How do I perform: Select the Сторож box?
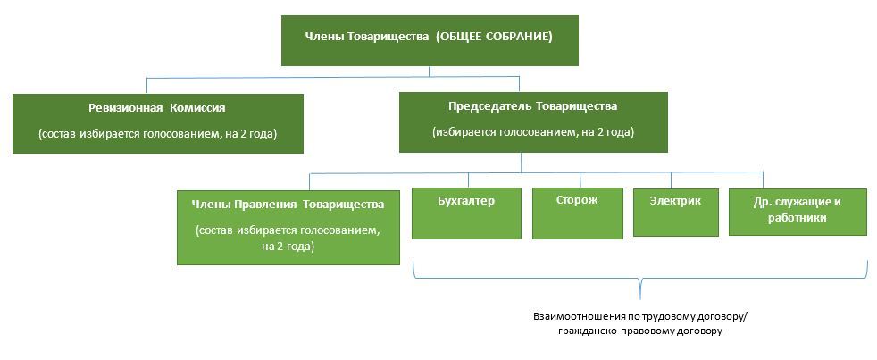tap(577, 213)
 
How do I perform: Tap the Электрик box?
tap(676, 213)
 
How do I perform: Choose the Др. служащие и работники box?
tap(797, 212)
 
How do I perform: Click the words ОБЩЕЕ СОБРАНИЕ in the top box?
tap(495, 37)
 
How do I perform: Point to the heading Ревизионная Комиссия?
tap(157, 108)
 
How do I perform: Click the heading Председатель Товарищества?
tap(533, 106)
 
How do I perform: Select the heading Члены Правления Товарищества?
tap(288, 204)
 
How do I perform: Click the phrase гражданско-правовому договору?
tap(640, 331)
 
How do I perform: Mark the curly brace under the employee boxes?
tap(639, 278)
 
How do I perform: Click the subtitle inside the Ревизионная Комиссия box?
tap(158, 134)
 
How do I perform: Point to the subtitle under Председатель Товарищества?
tap(533, 133)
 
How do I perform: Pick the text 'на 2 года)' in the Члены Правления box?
tap(288, 247)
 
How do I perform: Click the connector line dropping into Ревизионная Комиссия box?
tap(147, 85)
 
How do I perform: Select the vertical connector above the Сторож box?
tap(580, 180)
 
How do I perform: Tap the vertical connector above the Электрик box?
tap(672, 180)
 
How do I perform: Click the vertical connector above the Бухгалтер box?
tap(469, 180)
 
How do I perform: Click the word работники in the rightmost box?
tap(797, 218)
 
